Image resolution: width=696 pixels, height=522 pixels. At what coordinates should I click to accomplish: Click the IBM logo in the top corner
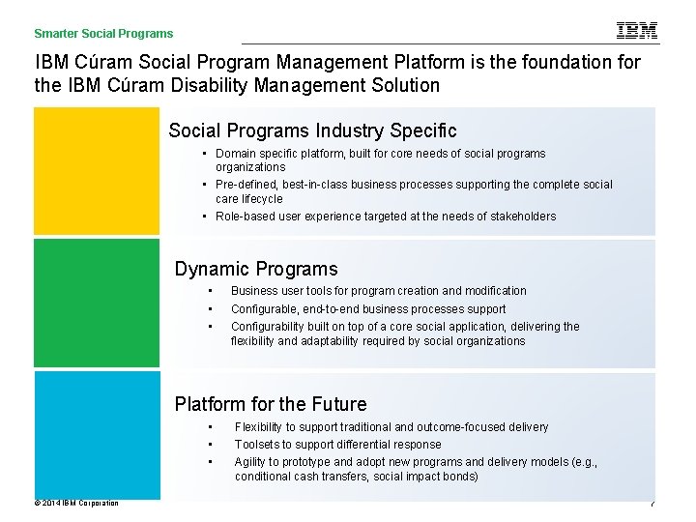tap(637, 31)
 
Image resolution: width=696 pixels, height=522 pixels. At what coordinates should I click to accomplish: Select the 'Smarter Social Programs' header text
tap(104, 34)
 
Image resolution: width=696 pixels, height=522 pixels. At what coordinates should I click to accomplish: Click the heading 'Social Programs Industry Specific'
tap(312, 130)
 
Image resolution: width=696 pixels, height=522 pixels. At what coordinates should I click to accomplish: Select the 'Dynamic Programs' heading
tap(256, 269)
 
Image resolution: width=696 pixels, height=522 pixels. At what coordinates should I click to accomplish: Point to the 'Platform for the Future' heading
tap(271, 404)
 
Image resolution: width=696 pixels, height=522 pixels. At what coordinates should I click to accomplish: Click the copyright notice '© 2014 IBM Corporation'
tap(76, 503)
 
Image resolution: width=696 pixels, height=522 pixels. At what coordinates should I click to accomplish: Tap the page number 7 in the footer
tap(652, 504)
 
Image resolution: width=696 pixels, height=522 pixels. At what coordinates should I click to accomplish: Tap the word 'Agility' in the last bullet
tap(252, 462)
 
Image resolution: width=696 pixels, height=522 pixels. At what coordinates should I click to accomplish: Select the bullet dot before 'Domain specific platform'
tap(207, 154)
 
